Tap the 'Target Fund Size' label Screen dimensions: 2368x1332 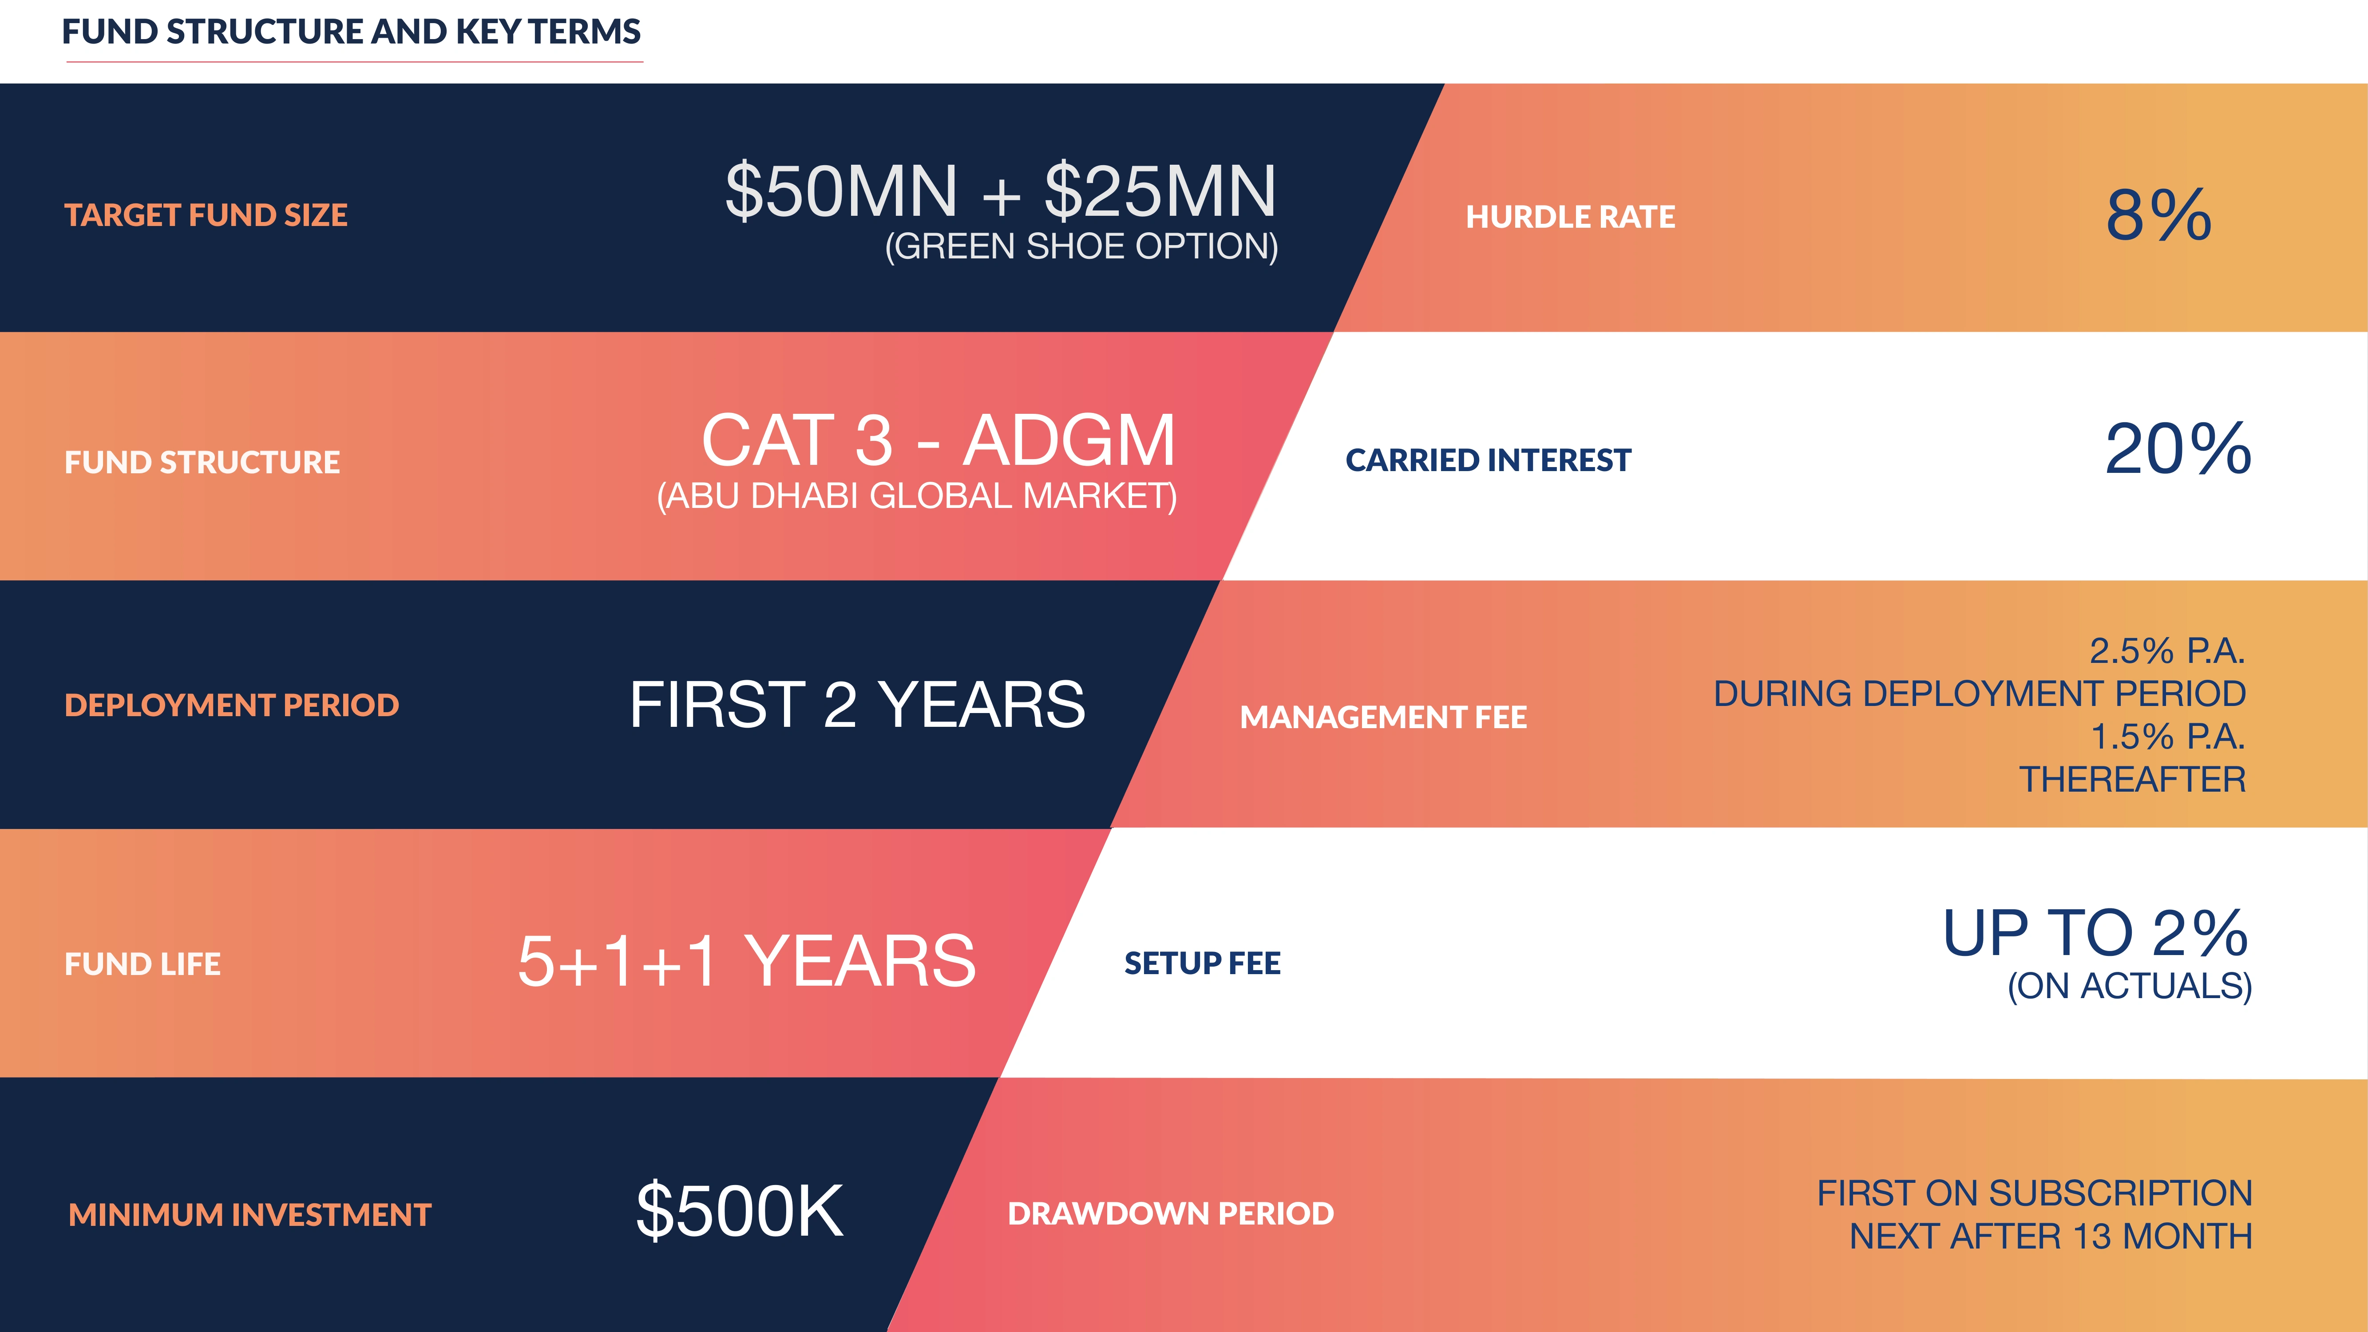tap(206, 215)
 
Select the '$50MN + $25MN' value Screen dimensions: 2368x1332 tap(1000, 191)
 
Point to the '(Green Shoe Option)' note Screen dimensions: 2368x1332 tap(1081, 246)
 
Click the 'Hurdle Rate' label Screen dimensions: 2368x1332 tap(1570, 217)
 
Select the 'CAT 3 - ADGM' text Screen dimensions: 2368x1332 tap(938, 440)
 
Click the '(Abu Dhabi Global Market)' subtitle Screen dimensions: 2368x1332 tap(916, 496)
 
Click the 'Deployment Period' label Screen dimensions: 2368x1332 tap(232, 705)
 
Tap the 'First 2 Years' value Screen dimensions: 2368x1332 tap(857, 705)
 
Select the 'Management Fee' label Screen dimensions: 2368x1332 tap(1383, 717)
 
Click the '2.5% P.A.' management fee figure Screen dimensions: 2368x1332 tap(2167, 651)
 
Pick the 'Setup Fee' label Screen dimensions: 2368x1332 tap(1202, 963)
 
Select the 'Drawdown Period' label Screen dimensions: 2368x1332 tap(1170, 1213)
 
